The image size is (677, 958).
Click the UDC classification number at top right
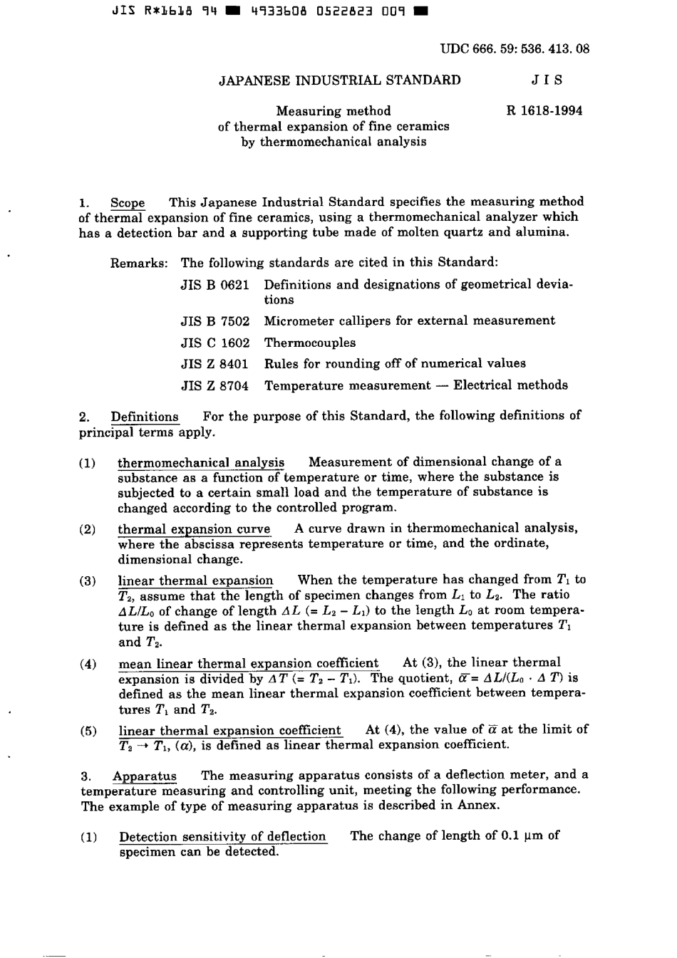(515, 49)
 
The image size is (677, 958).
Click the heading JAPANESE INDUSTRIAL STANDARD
(339, 80)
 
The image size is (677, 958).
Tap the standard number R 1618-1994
(544, 110)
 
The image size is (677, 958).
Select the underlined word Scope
(128, 202)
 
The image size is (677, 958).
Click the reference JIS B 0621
(215, 285)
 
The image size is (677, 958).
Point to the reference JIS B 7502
(215, 321)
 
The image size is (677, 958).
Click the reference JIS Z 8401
(215, 364)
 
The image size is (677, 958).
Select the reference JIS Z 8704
(215, 385)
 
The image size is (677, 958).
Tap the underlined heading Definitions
(145, 417)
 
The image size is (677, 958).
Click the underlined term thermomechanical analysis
(201, 463)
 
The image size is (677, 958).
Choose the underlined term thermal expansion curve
(194, 529)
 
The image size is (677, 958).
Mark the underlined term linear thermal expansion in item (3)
(195, 580)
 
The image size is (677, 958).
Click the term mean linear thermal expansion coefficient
(248, 664)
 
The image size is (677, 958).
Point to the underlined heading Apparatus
(145, 776)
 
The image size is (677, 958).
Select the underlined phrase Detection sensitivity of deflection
(222, 837)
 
